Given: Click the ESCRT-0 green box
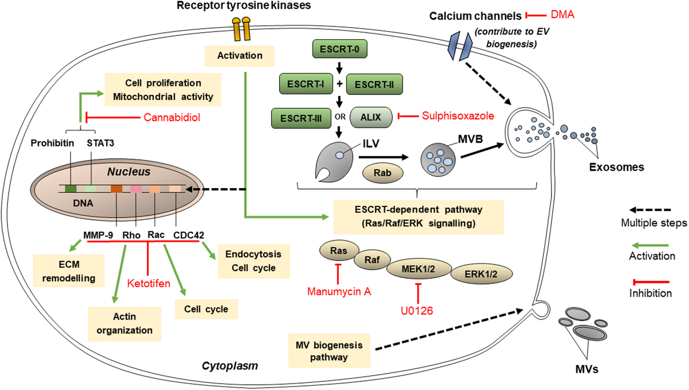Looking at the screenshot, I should pos(340,49).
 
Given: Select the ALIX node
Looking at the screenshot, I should pos(371,117).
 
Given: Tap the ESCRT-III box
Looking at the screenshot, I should pos(301,118).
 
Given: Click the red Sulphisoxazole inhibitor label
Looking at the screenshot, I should pos(458,116).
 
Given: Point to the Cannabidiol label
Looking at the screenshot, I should pos(172,117).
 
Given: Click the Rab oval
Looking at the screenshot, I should pos(383,173).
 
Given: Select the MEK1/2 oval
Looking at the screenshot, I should pos(418,269).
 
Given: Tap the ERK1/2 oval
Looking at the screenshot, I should pos(481,274).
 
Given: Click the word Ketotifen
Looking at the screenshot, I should pos(149,284).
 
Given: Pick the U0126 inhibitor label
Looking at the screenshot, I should pos(417,311).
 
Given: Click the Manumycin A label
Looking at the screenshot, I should pos(339,292).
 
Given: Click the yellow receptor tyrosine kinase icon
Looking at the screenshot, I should pos(241,29).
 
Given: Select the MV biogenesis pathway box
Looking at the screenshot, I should pos(329,351).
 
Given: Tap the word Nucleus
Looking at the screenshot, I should pos(129,172).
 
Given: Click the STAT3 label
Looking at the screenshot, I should pos(100,143).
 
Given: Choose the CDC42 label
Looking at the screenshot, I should pos(189,235).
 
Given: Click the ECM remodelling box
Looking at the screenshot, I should pos(69,271).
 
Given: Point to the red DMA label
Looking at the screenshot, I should pos(562,15).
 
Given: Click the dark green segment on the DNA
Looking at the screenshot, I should pos(71,189).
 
